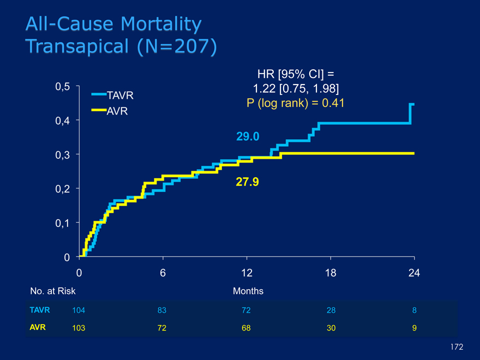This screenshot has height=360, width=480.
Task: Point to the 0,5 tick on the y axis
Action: point(62,86)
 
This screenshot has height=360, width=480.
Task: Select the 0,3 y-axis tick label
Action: point(62,154)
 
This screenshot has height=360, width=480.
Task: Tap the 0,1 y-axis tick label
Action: point(62,223)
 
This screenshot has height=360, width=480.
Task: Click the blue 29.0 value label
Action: point(248,136)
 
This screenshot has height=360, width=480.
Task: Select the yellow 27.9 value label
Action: point(247,182)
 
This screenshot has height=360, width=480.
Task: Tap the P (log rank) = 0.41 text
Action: point(295,103)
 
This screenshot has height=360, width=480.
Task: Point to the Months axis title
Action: point(248,291)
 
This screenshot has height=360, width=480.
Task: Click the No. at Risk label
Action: point(52,291)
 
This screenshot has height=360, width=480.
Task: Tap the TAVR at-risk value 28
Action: point(331,310)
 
